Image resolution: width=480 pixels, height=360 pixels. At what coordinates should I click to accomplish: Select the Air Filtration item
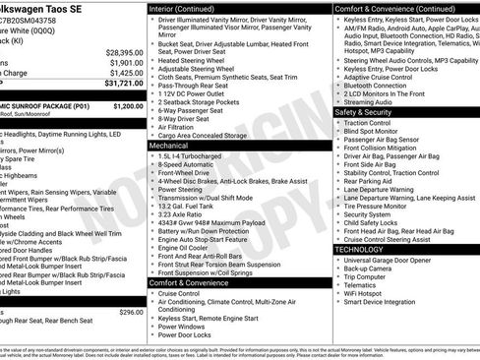[x=176, y=127]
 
